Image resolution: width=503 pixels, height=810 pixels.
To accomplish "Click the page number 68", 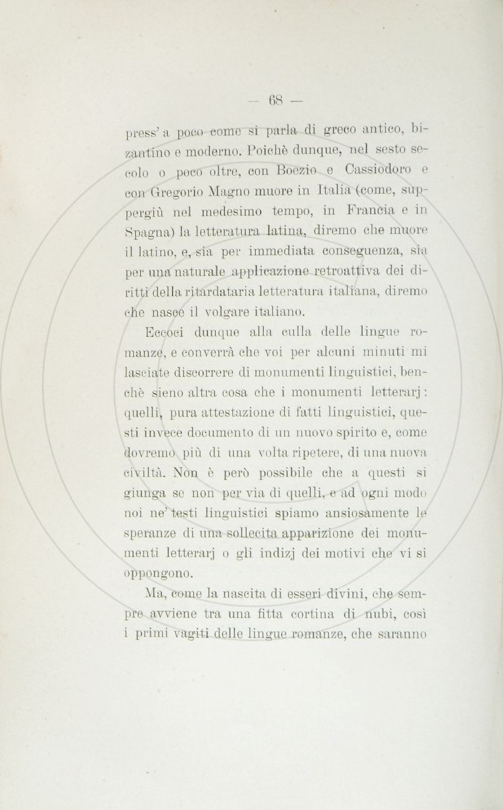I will point(275,100).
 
